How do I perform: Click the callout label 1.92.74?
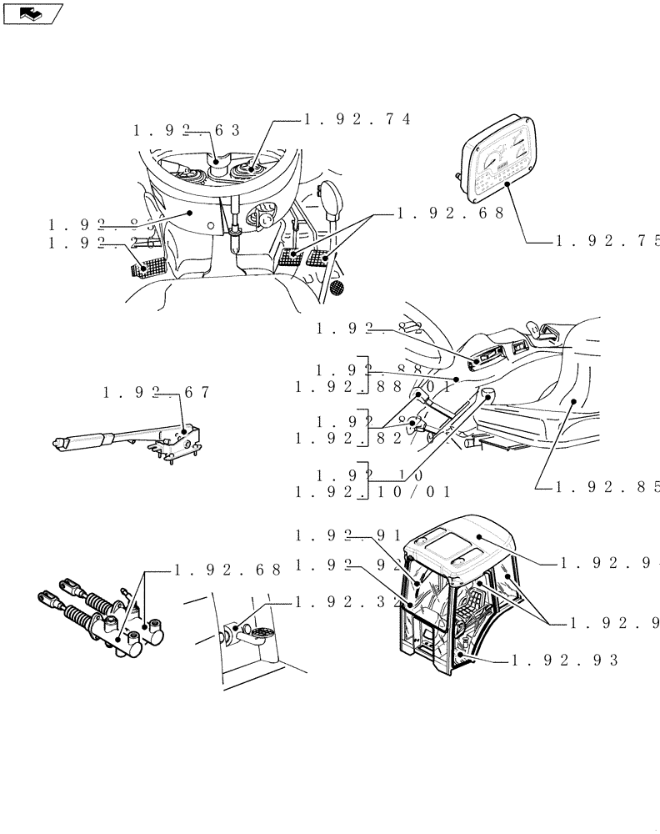357,119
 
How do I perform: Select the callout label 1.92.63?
186,130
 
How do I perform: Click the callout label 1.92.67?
157,392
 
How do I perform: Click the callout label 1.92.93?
564,660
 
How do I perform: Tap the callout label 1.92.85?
607,486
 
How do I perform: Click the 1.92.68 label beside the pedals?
450,214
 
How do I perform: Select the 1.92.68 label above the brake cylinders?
227,571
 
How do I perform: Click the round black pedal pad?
337,289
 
